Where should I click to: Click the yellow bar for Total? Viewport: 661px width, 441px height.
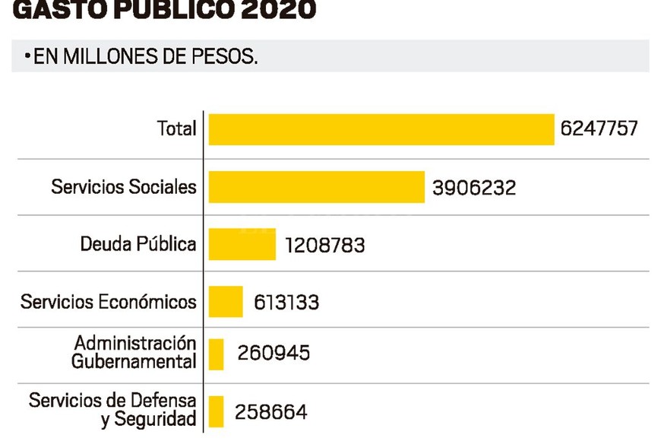[x=381, y=129]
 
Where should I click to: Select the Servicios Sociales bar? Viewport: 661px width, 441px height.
[x=316, y=187]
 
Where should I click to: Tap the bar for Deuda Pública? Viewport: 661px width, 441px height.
[x=242, y=244]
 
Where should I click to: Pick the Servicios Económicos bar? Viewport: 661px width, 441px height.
[x=226, y=302]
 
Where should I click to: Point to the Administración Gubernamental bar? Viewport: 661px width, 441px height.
[x=216, y=354]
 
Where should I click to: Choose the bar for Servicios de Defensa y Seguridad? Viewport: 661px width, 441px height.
[x=216, y=411]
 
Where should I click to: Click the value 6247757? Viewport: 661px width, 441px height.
[x=599, y=128]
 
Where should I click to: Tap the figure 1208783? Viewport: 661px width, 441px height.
[x=325, y=246]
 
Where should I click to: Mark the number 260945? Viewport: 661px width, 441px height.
[x=274, y=354]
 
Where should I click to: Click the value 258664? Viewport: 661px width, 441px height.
[x=271, y=413]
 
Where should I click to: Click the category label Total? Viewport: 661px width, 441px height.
[x=177, y=128]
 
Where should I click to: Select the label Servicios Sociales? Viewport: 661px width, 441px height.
[x=124, y=186]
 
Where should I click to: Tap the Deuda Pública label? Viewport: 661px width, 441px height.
[x=138, y=244]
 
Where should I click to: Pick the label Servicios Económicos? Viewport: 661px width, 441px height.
[x=109, y=302]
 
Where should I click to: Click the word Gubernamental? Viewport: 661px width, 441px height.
[x=134, y=362]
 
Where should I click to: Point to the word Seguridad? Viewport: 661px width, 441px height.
[x=149, y=420]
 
